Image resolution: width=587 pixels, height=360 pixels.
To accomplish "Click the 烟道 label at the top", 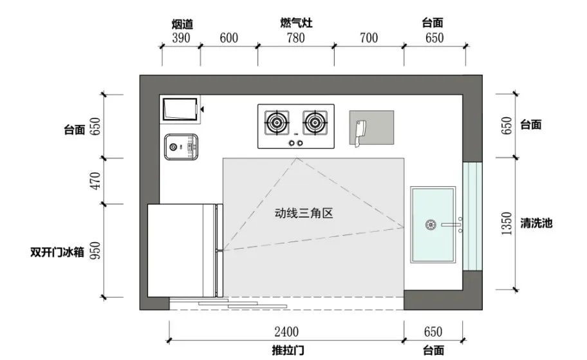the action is pyautogui.click(x=182, y=24).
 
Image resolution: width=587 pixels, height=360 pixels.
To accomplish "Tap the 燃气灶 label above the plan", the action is pyautogui.click(x=296, y=23).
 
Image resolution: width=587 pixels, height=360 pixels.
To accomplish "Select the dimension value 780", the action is pyautogui.click(x=295, y=38).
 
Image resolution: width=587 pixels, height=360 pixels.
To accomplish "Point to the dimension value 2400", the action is pyautogui.click(x=286, y=332).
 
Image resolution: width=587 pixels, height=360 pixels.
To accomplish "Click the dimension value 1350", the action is pyautogui.click(x=507, y=223).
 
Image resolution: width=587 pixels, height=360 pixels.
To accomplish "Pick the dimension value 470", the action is pyautogui.click(x=96, y=181).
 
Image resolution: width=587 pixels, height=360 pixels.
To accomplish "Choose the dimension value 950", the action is pyautogui.click(x=96, y=251).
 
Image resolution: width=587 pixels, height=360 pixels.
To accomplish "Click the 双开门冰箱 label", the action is pyautogui.click(x=57, y=252).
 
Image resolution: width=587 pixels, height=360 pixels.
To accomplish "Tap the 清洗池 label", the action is pyautogui.click(x=536, y=223).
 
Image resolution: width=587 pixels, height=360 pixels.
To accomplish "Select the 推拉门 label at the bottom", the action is pyautogui.click(x=288, y=350).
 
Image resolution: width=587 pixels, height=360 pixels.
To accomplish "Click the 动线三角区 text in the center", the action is pyautogui.click(x=304, y=213).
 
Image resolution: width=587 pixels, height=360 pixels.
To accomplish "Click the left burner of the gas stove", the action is pyautogui.click(x=277, y=122).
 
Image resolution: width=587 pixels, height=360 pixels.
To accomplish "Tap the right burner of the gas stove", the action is pyautogui.click(x=315, y=122).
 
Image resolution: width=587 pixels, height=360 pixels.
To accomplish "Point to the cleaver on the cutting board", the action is pyautogui.click(x=360, y=133).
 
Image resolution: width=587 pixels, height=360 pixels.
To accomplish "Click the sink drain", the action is pyautogui.click(x=431, y=225).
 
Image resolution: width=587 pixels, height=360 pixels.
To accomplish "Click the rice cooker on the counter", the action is pyautogui.click(x=181, y=147).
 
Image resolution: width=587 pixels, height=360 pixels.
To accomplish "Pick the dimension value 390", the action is pyautogui.click(x=181, y=38).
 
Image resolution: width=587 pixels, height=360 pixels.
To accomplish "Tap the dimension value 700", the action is pyautogui.click(x=369, y=38).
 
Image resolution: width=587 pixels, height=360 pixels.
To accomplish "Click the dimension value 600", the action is pyautogui.click(x=228, y=38).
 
